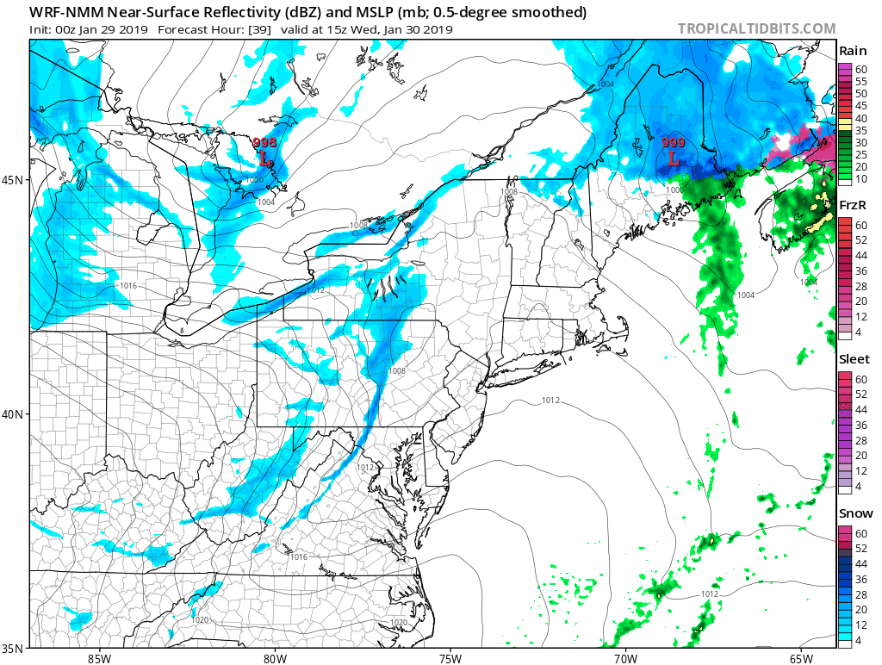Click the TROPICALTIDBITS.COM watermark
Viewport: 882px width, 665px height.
click(756, 28)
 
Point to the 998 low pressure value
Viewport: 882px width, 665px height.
click(264, 142)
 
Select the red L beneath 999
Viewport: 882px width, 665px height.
click(674, 158)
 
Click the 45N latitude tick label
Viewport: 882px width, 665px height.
click(15, 179)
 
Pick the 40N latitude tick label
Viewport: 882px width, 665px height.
click(15, 413)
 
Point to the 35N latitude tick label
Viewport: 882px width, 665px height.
click(15, 648)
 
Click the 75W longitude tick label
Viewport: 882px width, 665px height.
click(450, 658)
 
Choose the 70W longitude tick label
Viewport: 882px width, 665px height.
click(625, 658)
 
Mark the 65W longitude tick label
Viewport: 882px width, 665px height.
click(800, 658)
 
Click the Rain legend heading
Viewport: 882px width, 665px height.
click(853, 52)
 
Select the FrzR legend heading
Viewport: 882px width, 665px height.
click(853, 205)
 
